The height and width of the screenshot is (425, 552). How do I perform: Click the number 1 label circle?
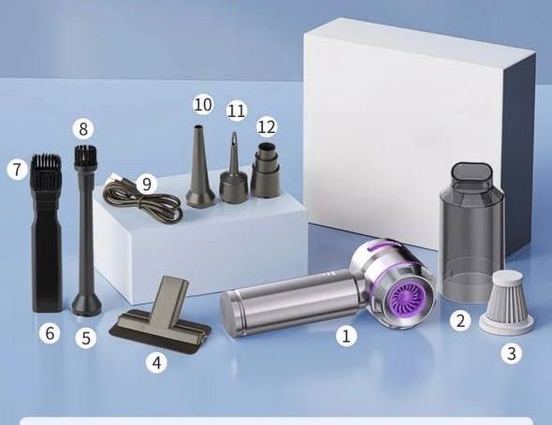346,335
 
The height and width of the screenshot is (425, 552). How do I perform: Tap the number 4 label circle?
157,361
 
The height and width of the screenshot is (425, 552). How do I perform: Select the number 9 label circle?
146,183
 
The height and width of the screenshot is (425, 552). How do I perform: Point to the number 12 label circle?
267,126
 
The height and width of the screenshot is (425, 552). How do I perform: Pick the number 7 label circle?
17,169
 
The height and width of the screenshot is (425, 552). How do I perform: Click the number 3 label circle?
512,353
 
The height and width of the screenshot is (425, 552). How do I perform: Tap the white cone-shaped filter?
506,302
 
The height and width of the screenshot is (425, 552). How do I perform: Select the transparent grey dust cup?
472,232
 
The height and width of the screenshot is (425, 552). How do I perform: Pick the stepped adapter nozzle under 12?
267,169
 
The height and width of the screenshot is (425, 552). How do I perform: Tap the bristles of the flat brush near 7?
46,170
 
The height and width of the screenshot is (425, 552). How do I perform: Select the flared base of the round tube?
87,303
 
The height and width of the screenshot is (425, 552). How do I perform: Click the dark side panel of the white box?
519,155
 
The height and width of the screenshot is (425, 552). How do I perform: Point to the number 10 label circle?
203,105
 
